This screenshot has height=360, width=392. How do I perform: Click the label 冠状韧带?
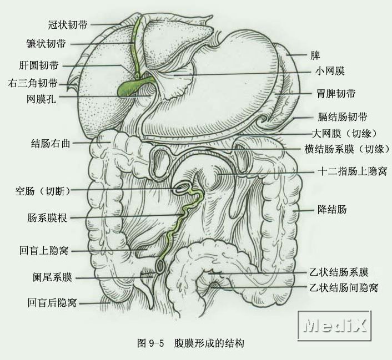[x=68, y=25]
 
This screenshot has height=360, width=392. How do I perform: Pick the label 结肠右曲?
[x=51, y=143]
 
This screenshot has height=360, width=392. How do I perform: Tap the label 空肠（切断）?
[x=43, y=191]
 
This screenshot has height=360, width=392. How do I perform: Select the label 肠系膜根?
[x=47, y=218]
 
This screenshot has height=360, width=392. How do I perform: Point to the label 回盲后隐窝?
[x=52, y=303]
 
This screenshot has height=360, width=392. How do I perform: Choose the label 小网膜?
[x=331, y=71]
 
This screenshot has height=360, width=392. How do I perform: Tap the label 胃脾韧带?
[x=335, y=93]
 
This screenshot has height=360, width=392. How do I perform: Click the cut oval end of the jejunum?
[x=182, y=189]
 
